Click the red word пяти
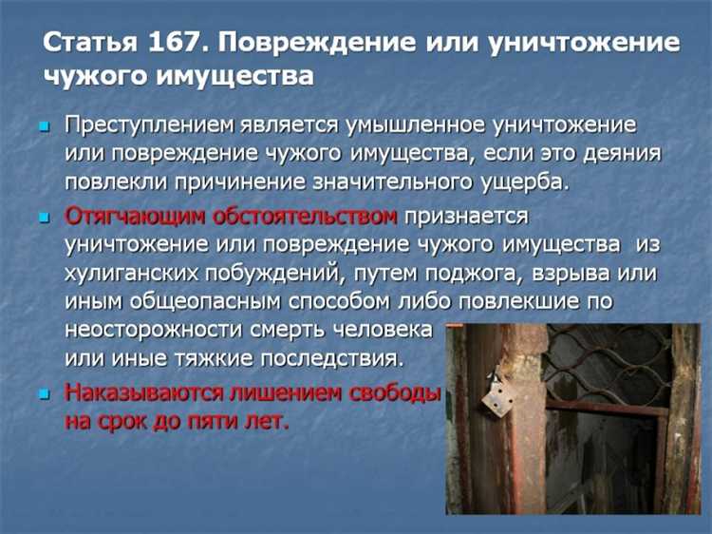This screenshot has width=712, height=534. coord(224,421)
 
